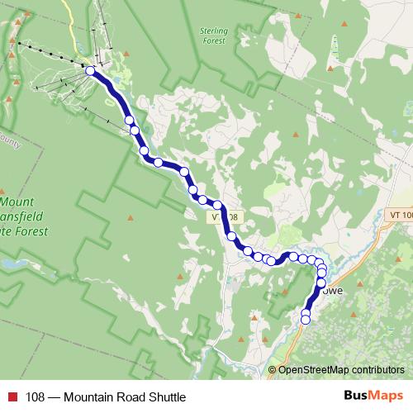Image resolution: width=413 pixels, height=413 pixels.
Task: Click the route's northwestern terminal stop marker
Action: point(90,71)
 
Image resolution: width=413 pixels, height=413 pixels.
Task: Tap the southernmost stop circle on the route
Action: point(306,320)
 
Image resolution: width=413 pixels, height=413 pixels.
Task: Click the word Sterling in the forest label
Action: point(213,31)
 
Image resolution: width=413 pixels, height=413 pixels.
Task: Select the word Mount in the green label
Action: point(17,201)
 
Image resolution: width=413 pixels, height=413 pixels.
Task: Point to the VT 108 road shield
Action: point(225,217)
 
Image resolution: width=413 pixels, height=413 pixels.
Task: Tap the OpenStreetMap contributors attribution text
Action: point(340,370)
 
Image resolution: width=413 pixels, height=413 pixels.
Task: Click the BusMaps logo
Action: point(373,396)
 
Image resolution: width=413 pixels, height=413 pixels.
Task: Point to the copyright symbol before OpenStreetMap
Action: point(273,370)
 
